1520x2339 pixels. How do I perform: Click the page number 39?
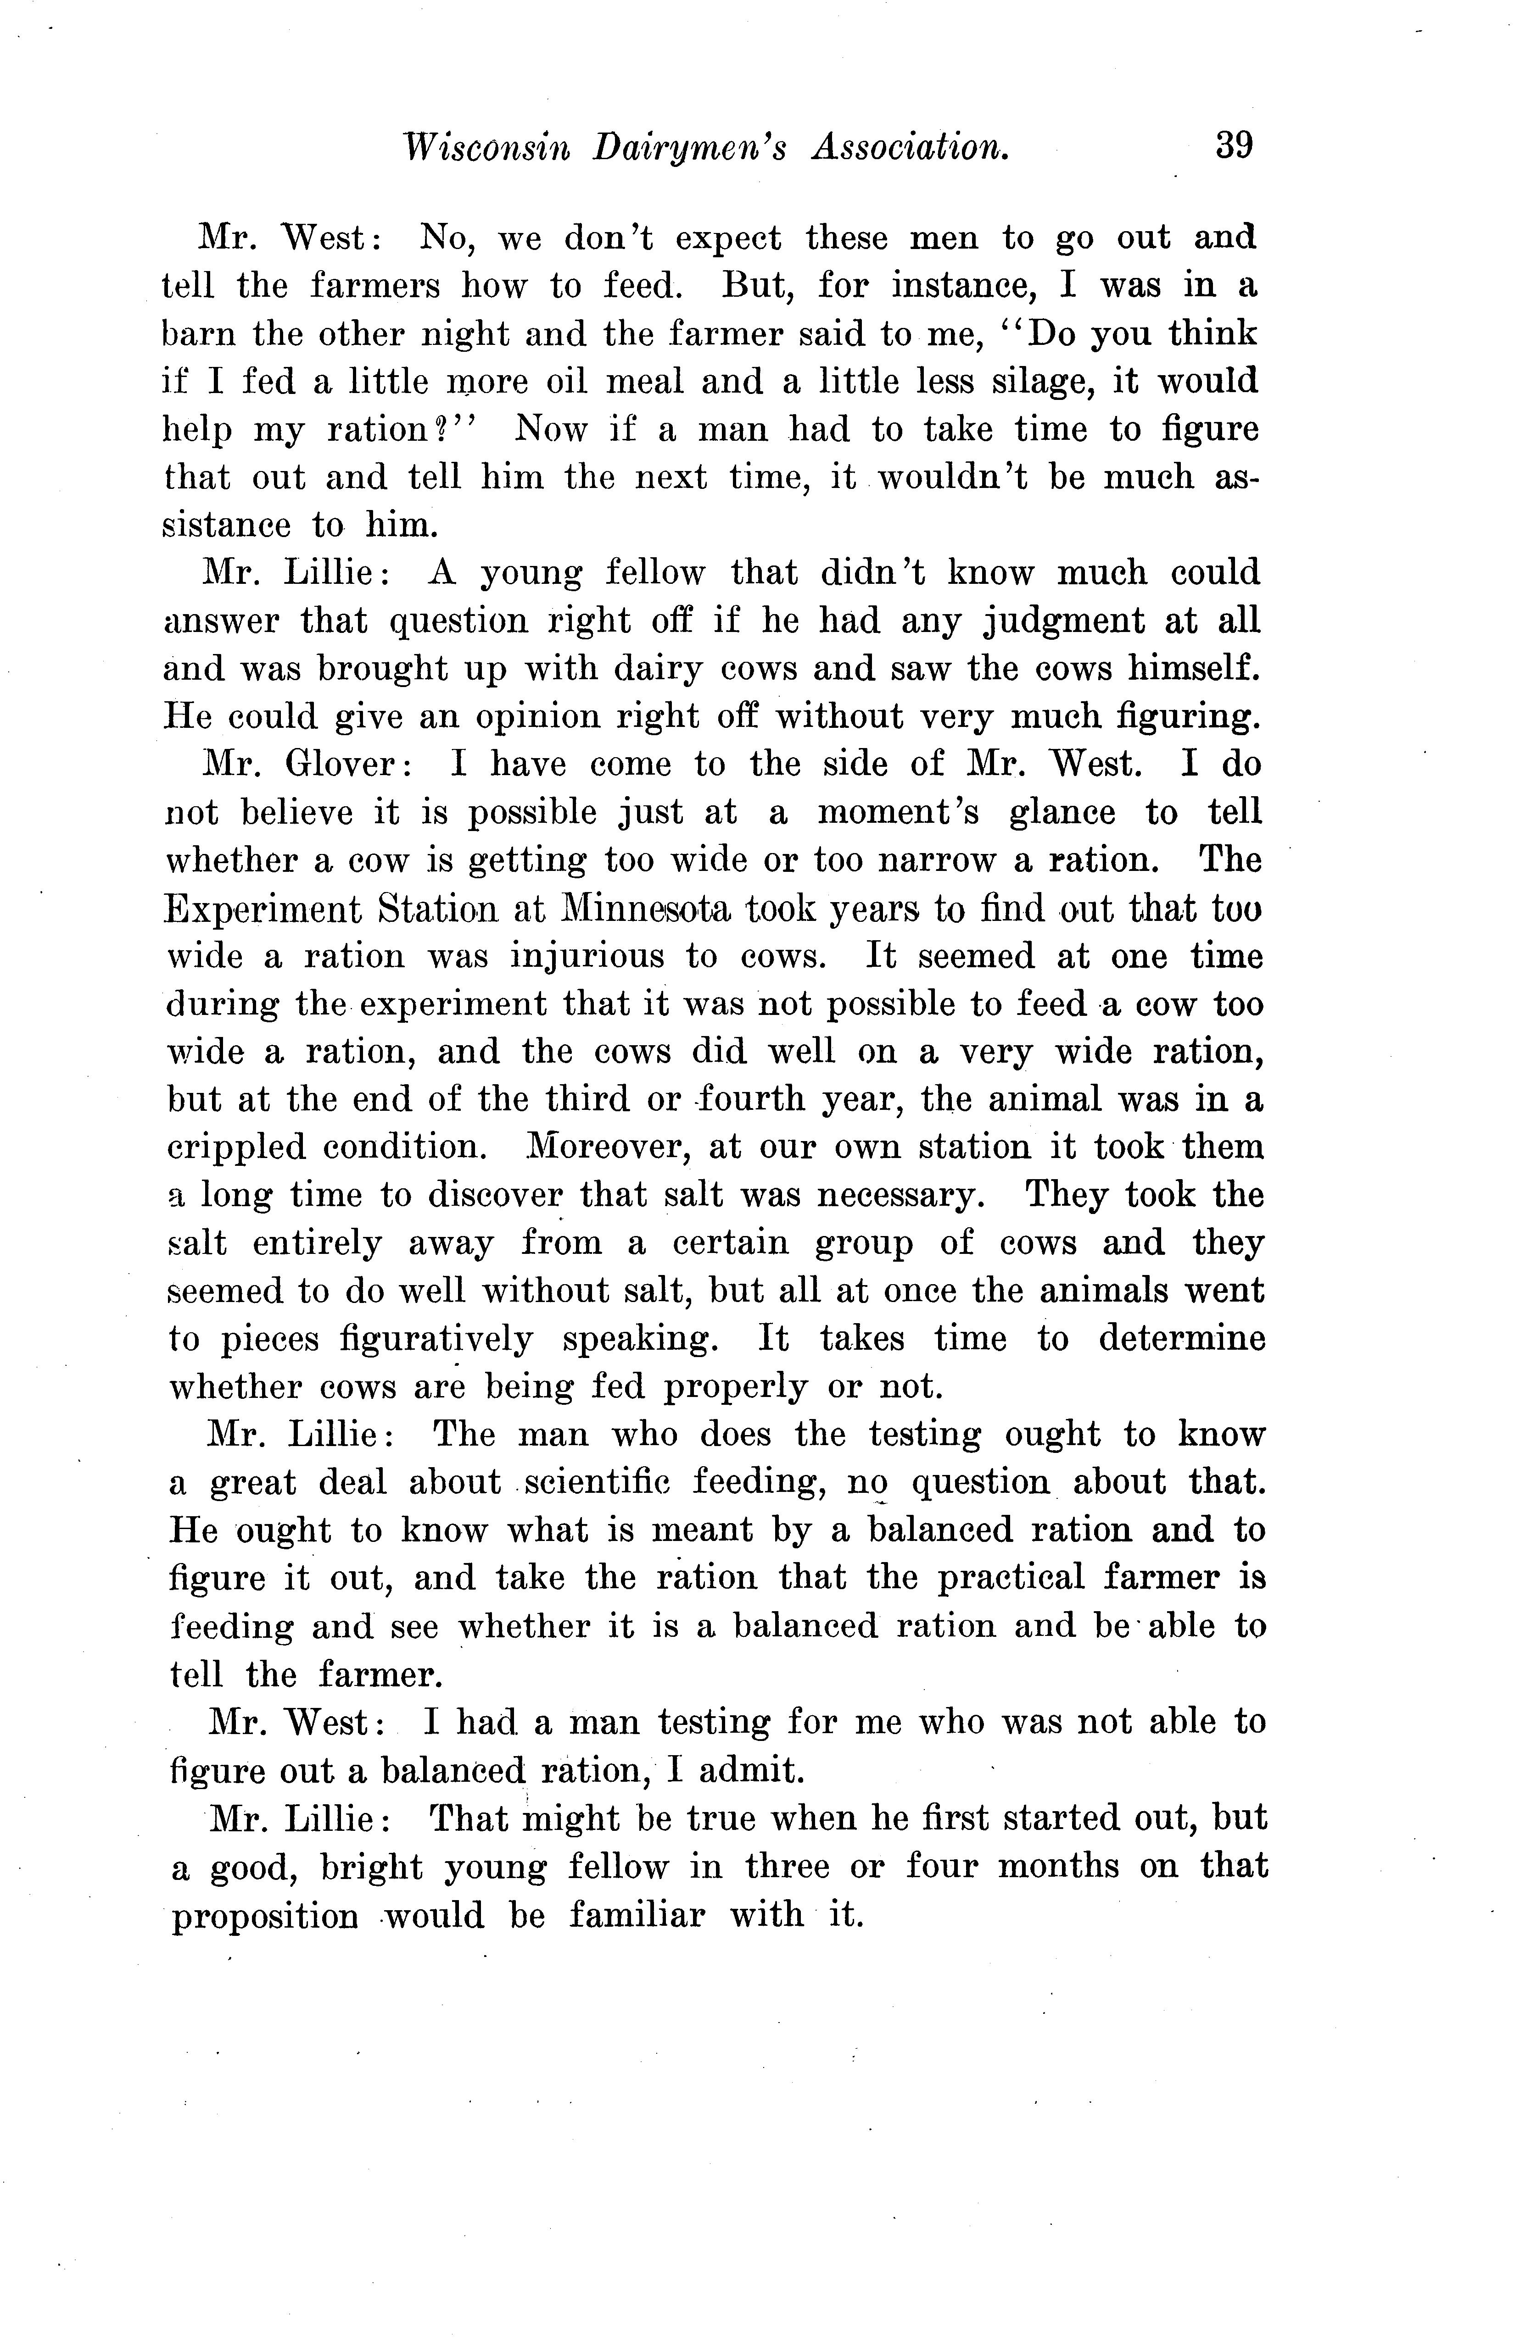coord(1234,145)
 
